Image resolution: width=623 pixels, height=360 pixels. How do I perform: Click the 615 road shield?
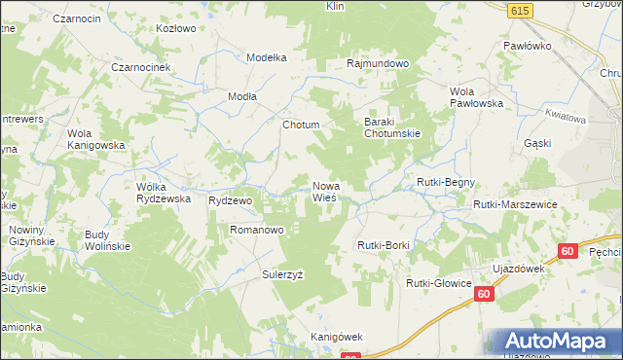[519, 9]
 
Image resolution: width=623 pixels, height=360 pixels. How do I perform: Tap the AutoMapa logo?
[555, 342]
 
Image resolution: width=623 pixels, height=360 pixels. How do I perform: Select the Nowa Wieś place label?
[325, 191]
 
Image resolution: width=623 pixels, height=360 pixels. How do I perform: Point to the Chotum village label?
[301, 126]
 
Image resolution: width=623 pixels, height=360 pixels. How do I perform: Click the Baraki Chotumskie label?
[391, 127]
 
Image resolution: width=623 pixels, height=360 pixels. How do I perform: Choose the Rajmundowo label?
[378, 64]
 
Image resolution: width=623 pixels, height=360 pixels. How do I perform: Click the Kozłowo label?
[177, 28]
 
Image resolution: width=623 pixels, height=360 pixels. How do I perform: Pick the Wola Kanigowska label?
[96, 139]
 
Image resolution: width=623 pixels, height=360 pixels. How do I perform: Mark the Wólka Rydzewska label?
[163, 192]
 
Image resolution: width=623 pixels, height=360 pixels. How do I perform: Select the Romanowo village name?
[256, 230]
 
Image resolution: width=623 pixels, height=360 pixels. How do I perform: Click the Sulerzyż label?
[282, 274]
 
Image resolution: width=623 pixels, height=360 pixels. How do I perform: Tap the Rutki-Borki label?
[384, 245]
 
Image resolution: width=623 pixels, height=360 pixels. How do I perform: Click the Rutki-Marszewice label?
[514, 204]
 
